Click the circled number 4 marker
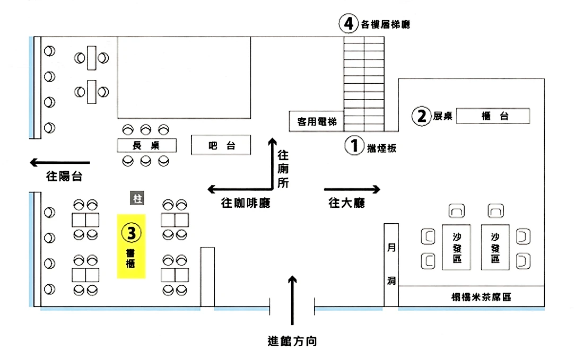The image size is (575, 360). (347, 24)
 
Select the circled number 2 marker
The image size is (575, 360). (422, 116)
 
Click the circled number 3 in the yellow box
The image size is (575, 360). (131, 232)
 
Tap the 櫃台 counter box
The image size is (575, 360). (493, 116)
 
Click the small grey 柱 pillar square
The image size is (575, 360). (138, 199)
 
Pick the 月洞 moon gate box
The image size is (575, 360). (391, 265)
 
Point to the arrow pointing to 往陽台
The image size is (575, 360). (60, 162)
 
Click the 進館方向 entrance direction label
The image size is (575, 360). (292, 341)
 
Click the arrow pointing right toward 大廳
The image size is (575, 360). (352, 189)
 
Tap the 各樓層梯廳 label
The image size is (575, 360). (386, 24)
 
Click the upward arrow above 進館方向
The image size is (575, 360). (292, 300)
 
